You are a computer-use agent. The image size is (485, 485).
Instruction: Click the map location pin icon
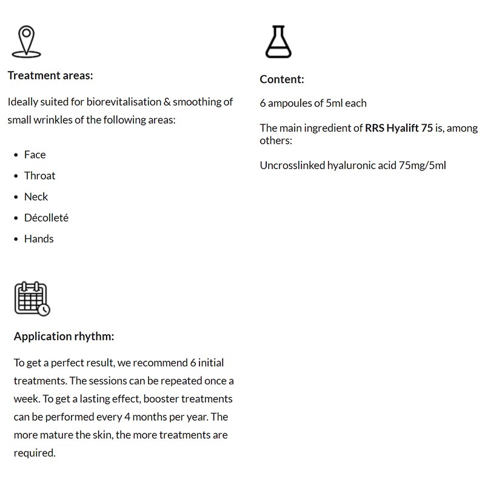click(x=25, y=41)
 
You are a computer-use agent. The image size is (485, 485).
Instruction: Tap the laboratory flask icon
click(x=278, y=41)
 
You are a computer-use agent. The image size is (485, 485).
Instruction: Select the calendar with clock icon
click(x=32, y=298)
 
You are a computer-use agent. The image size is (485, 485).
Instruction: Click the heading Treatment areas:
click(x=50, y=76)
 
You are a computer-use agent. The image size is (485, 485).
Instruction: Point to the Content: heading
click(x=282, y=79)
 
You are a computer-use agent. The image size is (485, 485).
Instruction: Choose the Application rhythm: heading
click(x=64, y=336)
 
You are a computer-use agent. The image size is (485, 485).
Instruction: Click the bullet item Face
click(x=35, y=155)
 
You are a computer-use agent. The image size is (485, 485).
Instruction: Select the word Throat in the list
click(x=39, y=176)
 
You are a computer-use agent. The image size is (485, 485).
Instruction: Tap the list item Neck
click(x=36, y=196)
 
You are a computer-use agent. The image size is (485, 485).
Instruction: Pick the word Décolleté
click(x=46, y=218)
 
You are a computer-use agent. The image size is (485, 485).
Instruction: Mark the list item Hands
click(x=39, y=239)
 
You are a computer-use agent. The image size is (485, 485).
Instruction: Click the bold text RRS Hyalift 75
click(x=399, y=128)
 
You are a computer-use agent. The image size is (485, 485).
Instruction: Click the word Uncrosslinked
click(x=292, y=166)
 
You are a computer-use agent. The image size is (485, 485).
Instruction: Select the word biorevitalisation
click(x=124, y=102)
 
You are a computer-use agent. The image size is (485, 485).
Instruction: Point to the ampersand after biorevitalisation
click(x=167, y=102)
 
